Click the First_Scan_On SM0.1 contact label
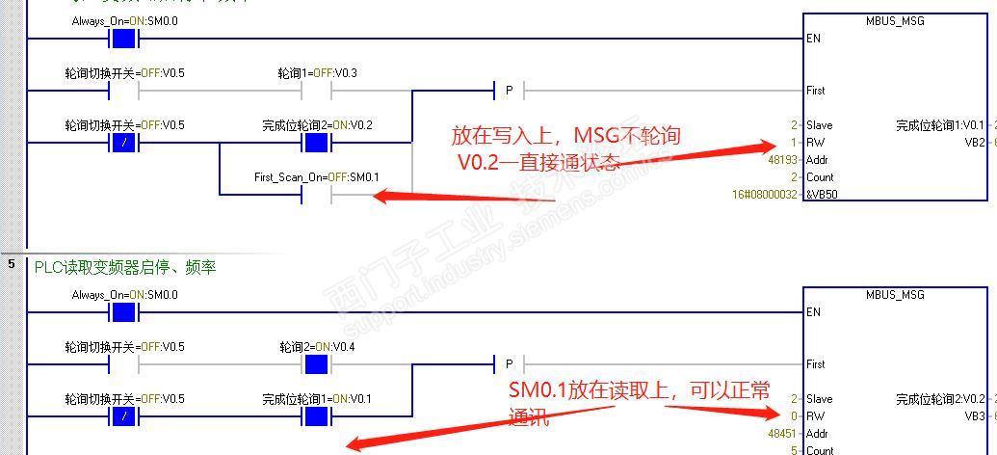[x=316, y=177]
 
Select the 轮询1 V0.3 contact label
[x=318, y=73]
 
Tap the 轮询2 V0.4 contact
[x=317, y=364]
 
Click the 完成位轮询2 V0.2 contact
[x=317, y=143]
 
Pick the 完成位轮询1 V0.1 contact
[x=317, y=416]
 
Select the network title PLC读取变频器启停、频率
[x=125, y=267]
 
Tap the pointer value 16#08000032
[x=765, y=195]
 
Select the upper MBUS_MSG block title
[x=895, y=21]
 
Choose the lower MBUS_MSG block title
[x=895, y=295]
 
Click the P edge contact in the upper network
[x=509, y=91]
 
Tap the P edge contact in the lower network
[x=509, y=364]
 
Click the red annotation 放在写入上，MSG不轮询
[x=565, y=135]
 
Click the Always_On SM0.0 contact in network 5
[x=124, y=312]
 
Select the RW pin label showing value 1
[x=815, y=143]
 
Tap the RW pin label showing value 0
[x=815, y=416]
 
